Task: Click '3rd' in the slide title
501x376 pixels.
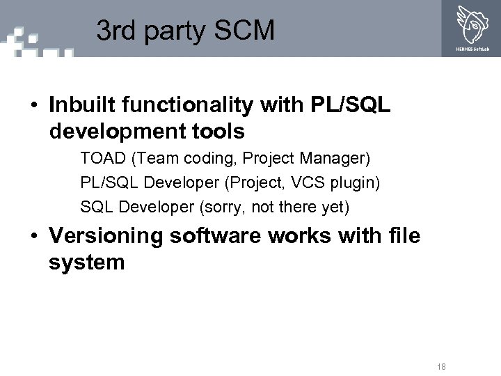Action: (113, 31)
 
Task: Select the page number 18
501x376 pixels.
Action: (440, 367)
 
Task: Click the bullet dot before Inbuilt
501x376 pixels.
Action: (33, 106)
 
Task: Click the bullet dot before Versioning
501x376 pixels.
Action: (33, 237)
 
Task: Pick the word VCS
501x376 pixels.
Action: (302, 182)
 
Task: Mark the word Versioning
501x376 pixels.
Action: (104, 236)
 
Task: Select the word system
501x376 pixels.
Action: (86, 263)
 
